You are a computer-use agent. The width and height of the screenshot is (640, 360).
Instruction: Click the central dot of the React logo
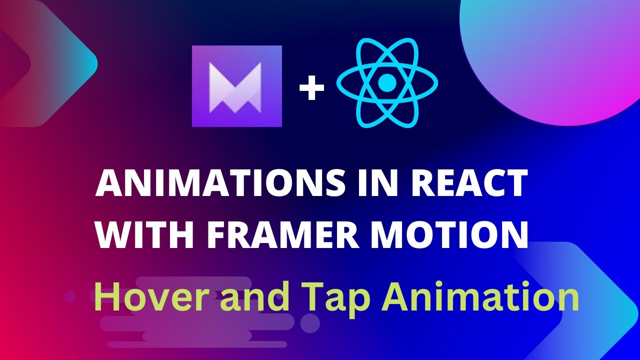[386, 83]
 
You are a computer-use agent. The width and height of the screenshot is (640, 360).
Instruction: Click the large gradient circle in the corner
[550, 55]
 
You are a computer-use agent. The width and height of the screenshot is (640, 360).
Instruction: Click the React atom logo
[386, 83]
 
